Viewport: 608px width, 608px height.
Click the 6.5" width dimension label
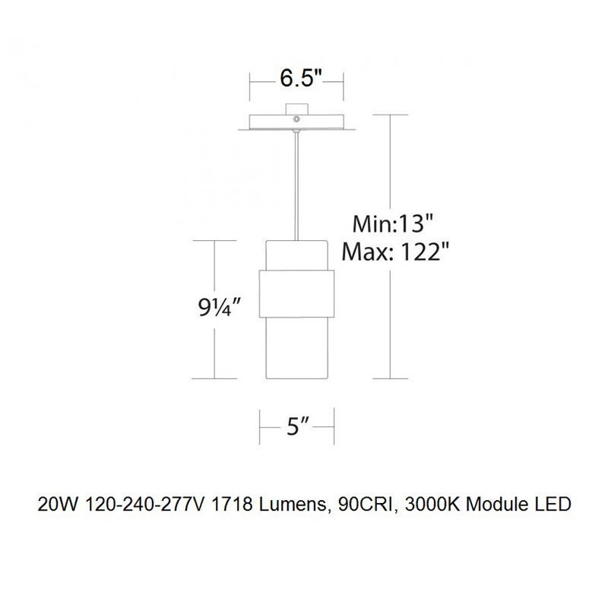pos(298,78)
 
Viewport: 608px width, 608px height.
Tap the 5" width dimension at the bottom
pos(298,428)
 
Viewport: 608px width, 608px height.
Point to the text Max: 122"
pos(392,251)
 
